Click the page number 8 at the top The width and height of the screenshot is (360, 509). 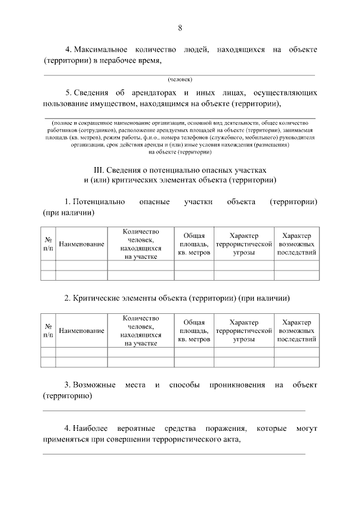179,28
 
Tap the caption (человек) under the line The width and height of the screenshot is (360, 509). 179,79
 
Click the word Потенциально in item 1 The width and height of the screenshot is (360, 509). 98,202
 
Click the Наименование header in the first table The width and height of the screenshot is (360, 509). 82,244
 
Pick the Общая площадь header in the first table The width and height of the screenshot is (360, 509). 194,244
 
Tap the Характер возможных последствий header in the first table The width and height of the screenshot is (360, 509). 296,244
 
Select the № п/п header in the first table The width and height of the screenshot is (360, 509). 48,244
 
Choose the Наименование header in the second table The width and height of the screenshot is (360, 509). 82,331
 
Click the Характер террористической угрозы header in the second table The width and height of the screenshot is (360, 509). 244,331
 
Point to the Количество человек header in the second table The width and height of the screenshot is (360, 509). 141,331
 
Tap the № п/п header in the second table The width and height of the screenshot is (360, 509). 48,331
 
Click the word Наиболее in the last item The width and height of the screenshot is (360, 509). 91,429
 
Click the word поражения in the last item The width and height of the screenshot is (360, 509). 224,429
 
